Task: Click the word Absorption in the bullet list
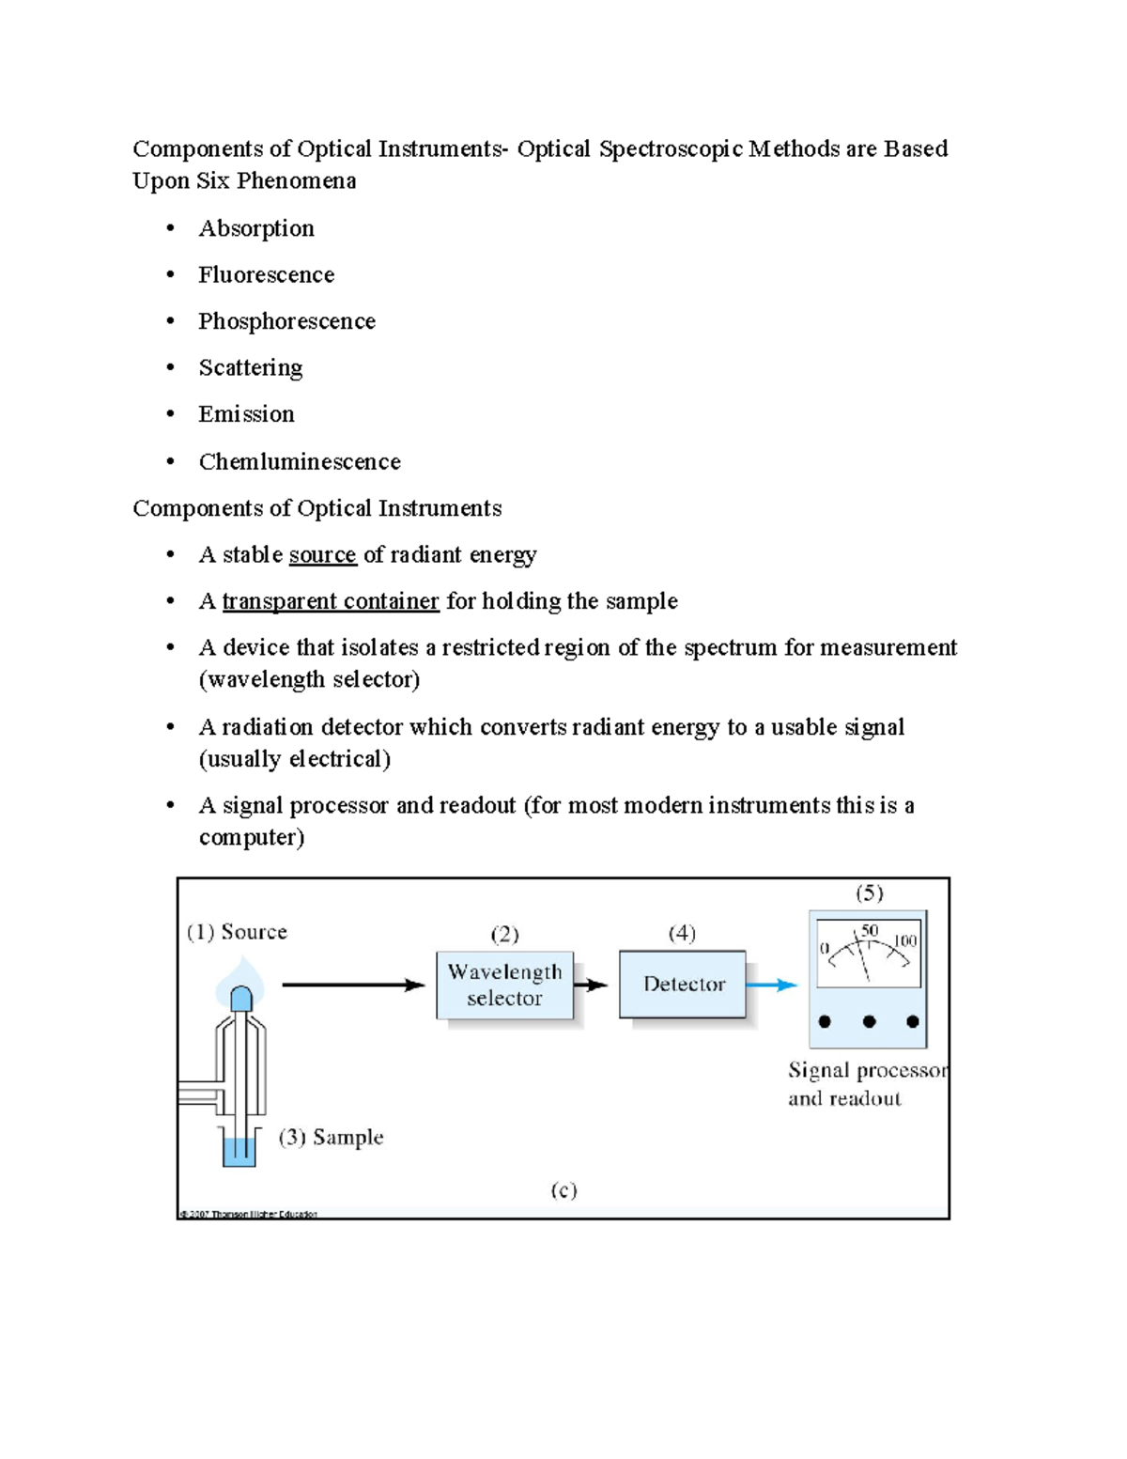tap(255, 229)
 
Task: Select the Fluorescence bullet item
tap(266, 275)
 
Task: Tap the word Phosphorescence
tap(286, 321)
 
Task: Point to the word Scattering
tap(250, 367)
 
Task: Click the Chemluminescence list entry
tap(299, 461)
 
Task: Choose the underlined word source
tap(322, 555)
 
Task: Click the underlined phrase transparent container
tap(331, 601)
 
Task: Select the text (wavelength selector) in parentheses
tap(309, 679)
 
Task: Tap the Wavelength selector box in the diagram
tap(504, 985)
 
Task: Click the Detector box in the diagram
tap(683, 985)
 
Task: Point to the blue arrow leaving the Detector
tap(772, 985)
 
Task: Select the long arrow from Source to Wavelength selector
tap(353, 985)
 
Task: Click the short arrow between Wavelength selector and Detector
tap(591, 985)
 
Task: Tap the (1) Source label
tap(237, 932)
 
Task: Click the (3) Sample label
tap(331, 1137)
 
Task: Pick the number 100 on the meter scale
tap(904, 941)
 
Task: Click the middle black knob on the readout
tap(869, 1021)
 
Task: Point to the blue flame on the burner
tap(240, 982)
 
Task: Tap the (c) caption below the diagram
tap(563, 1190)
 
